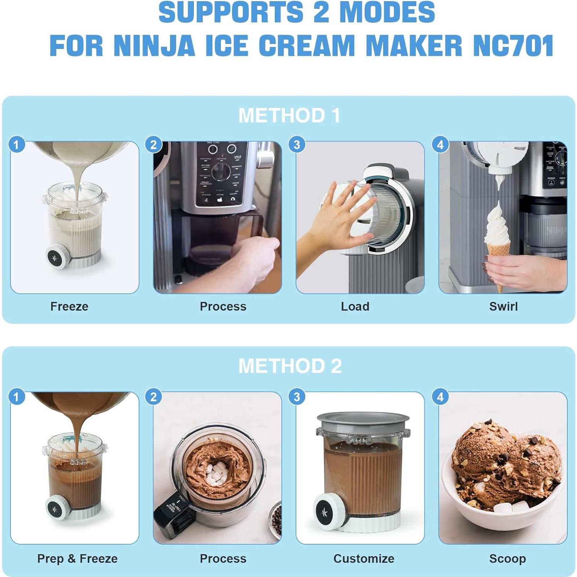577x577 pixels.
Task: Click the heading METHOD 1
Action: (289, 115)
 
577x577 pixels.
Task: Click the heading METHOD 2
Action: (290, 366)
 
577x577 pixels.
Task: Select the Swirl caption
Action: (503, 306)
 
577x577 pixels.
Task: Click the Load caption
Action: (355, 306)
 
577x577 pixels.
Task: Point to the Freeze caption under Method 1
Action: (69, 306)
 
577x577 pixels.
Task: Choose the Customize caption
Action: (363, 558)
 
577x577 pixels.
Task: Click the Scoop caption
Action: (507, 558)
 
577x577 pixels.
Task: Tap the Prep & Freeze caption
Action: (77, 558)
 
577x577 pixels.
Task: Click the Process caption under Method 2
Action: (223, 558)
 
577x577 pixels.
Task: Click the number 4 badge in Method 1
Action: (441, 145)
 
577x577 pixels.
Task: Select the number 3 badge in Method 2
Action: (297, 397)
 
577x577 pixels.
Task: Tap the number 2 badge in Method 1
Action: (153, 145)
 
